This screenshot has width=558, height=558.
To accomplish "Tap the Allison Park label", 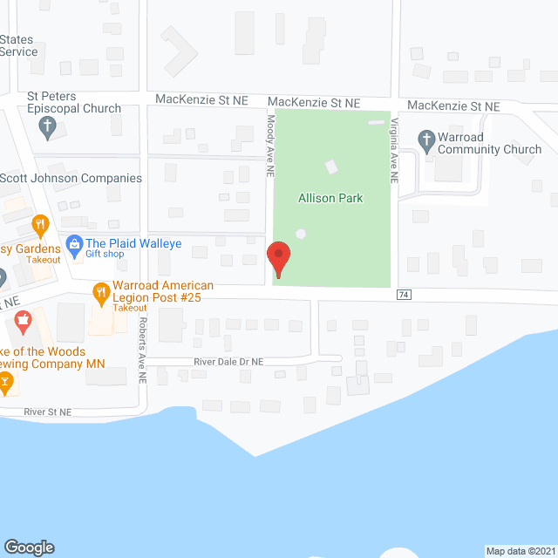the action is (x=331, y=198).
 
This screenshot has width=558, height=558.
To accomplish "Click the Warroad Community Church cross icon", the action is (x=426, y=139).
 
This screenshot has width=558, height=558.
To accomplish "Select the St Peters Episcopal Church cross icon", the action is (x=48, y=129).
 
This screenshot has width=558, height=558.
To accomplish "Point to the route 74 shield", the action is (x=404, y=295).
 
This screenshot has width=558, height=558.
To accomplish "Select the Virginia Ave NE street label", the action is (x=394, y=151).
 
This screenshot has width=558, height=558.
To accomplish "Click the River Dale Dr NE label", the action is (x=222, y=362).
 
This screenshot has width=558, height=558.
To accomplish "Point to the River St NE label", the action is (x=48, y=411).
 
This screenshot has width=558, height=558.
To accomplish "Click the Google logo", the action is (x=28, y=547).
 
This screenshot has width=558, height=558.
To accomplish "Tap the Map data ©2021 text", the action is (x=520, y=550).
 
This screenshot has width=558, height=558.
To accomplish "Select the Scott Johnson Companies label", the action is (x=71, y=178).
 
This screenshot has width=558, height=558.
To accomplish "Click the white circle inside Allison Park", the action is (x=302, y=234).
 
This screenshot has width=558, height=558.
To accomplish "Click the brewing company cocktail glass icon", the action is (x=6, y=380).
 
